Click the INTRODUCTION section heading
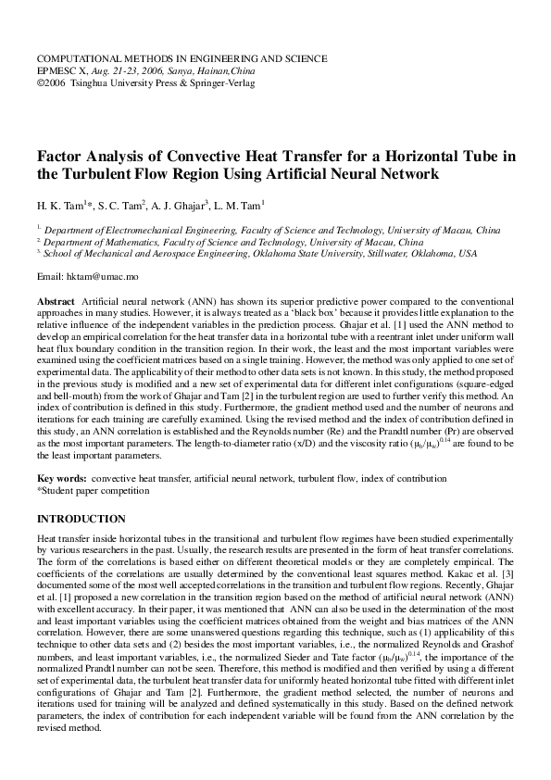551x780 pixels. click(x=81, y=519)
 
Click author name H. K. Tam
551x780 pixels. click(x=61, y=204)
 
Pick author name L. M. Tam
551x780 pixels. click(x=239, y=204)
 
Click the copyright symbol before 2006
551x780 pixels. click(x=40, y=82)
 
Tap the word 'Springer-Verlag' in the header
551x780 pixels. click(x=219, y=82)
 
